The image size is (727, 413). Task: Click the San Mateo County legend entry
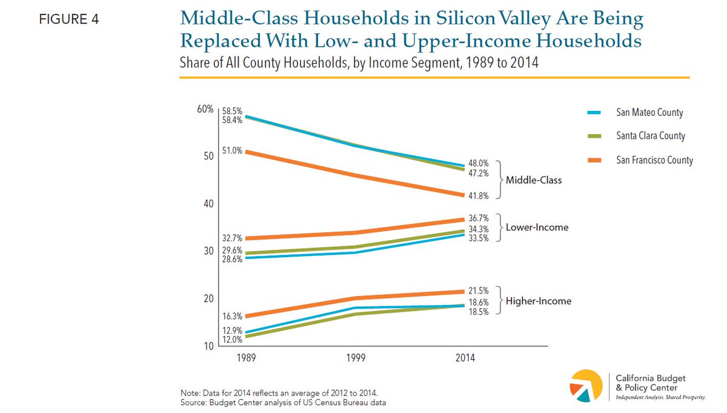649,113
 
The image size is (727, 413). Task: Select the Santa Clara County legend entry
651,136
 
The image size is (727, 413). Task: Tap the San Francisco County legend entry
654,161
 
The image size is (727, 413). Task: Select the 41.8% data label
479,196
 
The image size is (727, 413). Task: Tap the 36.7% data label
479,218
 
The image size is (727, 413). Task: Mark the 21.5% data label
479,291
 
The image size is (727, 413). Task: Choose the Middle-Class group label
534,180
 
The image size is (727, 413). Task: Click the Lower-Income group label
537,227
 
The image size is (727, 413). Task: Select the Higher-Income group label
539,301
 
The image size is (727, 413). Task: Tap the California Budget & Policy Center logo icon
587,385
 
